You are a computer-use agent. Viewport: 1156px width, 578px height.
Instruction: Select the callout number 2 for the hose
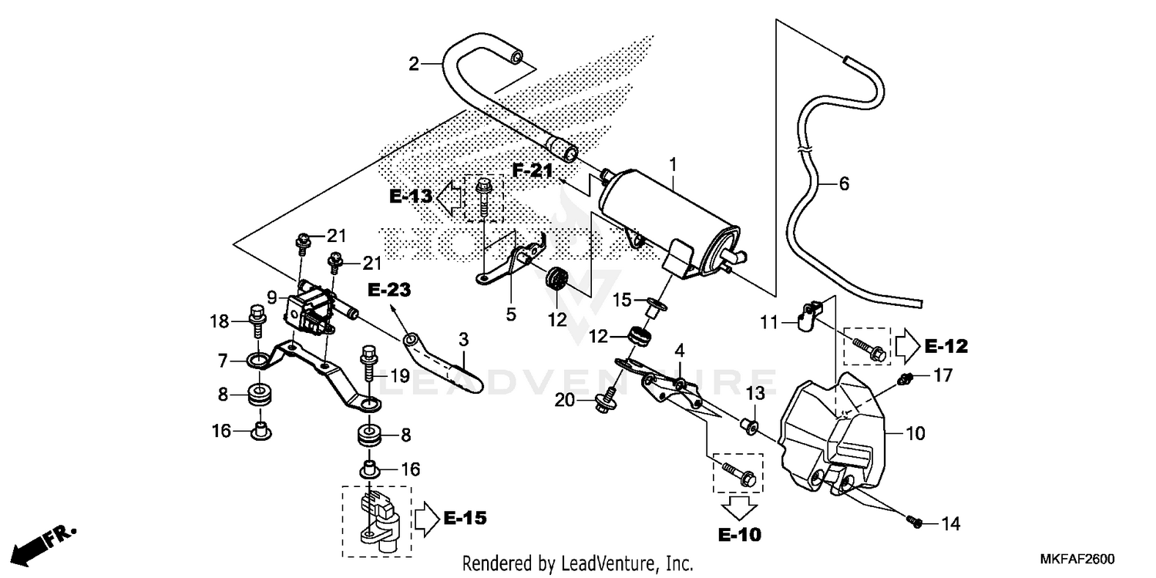click(414, 64)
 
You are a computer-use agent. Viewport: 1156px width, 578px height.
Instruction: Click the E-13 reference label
click(411, 197)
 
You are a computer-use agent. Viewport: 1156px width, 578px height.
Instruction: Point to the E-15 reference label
click(465, 519)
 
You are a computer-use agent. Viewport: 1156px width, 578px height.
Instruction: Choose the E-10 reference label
click(738, 534)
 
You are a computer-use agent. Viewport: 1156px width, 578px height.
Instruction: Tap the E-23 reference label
click(388, 291)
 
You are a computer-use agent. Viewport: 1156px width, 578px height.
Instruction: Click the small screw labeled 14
click(915, 522)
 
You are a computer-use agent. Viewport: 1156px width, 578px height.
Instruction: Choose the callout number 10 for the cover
click(916, 433)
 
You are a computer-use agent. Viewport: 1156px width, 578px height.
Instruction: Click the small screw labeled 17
click(907, 377)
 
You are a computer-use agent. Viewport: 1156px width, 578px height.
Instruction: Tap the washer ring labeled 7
click(260, 359)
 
